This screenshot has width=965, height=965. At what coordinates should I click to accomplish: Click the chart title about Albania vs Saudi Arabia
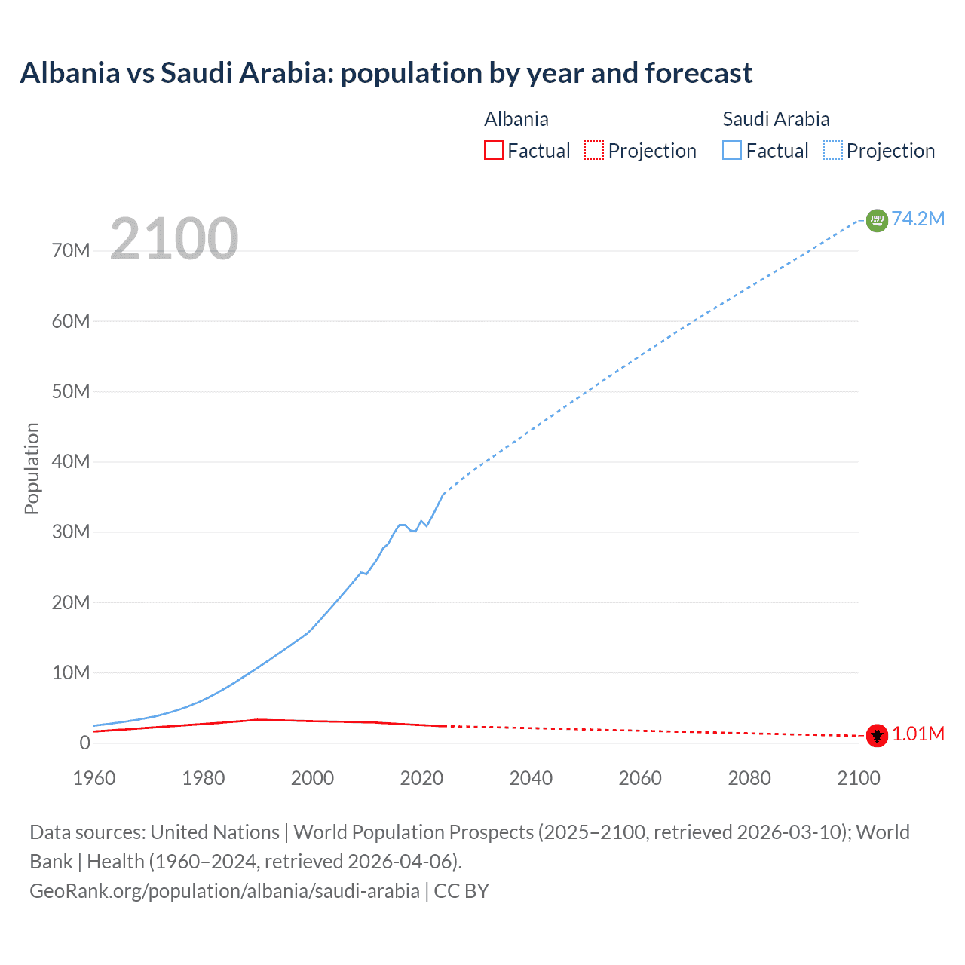pos(386,73)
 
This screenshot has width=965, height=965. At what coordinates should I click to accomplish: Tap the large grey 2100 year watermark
pos(174,239)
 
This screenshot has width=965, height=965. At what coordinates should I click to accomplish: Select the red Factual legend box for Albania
pos(494,150)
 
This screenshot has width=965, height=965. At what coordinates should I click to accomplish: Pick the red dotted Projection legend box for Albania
pos(594,150)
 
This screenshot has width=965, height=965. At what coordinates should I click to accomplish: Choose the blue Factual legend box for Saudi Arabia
pos(732,150)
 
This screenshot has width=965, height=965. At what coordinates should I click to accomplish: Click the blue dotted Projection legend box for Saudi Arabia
pos(833,150)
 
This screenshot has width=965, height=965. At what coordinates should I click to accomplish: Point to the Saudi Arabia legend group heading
pos(776,119)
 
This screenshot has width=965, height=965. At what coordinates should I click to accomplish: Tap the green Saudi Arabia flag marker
pos(877,220)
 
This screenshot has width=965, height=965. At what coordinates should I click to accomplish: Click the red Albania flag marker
pos(877,735)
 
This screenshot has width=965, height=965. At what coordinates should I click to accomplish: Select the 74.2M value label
pos(918,219)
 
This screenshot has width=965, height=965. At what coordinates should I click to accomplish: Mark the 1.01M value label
pos(918,734)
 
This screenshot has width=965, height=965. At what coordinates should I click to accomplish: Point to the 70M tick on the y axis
pos(71,251)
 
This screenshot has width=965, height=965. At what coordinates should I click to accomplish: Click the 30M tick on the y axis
pos(71,532)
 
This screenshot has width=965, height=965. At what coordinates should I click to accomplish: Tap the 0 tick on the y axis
pos(84,743)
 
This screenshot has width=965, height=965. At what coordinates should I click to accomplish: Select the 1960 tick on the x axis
pos(94,778)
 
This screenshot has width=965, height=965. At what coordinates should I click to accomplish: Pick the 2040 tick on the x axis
pos(531,778)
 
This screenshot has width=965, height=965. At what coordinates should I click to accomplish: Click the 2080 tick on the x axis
pos(749,778)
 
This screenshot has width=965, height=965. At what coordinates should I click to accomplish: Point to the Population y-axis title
pos(32,468)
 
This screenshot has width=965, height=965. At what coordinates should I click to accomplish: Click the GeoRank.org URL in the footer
pos(224,891)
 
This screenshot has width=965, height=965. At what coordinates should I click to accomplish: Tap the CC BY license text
pos(461,891)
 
